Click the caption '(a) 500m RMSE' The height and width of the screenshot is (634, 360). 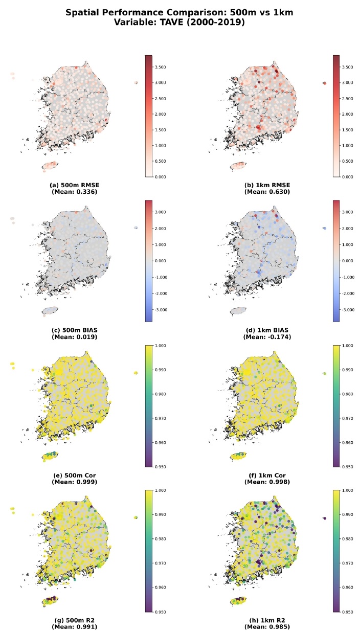pyautogui.click(x=75, y=185)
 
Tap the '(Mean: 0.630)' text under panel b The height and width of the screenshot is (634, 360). pyautogui.click(x=267, y=192)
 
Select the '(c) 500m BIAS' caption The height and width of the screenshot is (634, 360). pyautogui.click(x=75, y=330)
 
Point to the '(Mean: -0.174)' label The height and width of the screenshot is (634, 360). pyautogui.click(x=267, y=337)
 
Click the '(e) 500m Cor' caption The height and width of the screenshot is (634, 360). pyautogui.click(x=75, y=475)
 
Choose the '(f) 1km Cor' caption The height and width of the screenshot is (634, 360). pyautogui.click(x=267, y=475)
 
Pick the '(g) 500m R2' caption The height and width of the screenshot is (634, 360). pyautogui.click(x=75, y=620)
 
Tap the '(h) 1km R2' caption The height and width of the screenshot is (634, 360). pyautogui.click(x=267, y=620)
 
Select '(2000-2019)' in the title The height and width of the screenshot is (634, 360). pyautogui.click(x=216, y=22)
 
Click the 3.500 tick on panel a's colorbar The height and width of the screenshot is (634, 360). pyautogui.click(x=160, y=67)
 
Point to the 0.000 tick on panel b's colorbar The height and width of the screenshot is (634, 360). pyautogui.click(x=348, y=177)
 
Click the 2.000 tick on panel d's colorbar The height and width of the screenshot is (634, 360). pyautogui.click(x=348, y=229)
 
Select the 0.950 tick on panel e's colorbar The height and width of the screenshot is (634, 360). pyautogui.click(x=160, y=467)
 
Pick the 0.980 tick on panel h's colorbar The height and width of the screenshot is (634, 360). pyautogui.click(x=348, y=539)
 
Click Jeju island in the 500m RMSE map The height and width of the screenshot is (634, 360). pyautogui.click(x=50, y=166)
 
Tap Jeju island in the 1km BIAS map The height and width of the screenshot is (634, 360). pyautogui.click(x=238, y=311)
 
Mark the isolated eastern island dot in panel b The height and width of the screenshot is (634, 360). pyautogui.click(x=324, y=83)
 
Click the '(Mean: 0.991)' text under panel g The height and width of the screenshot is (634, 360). pyautogui.click(x=75, y=627)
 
